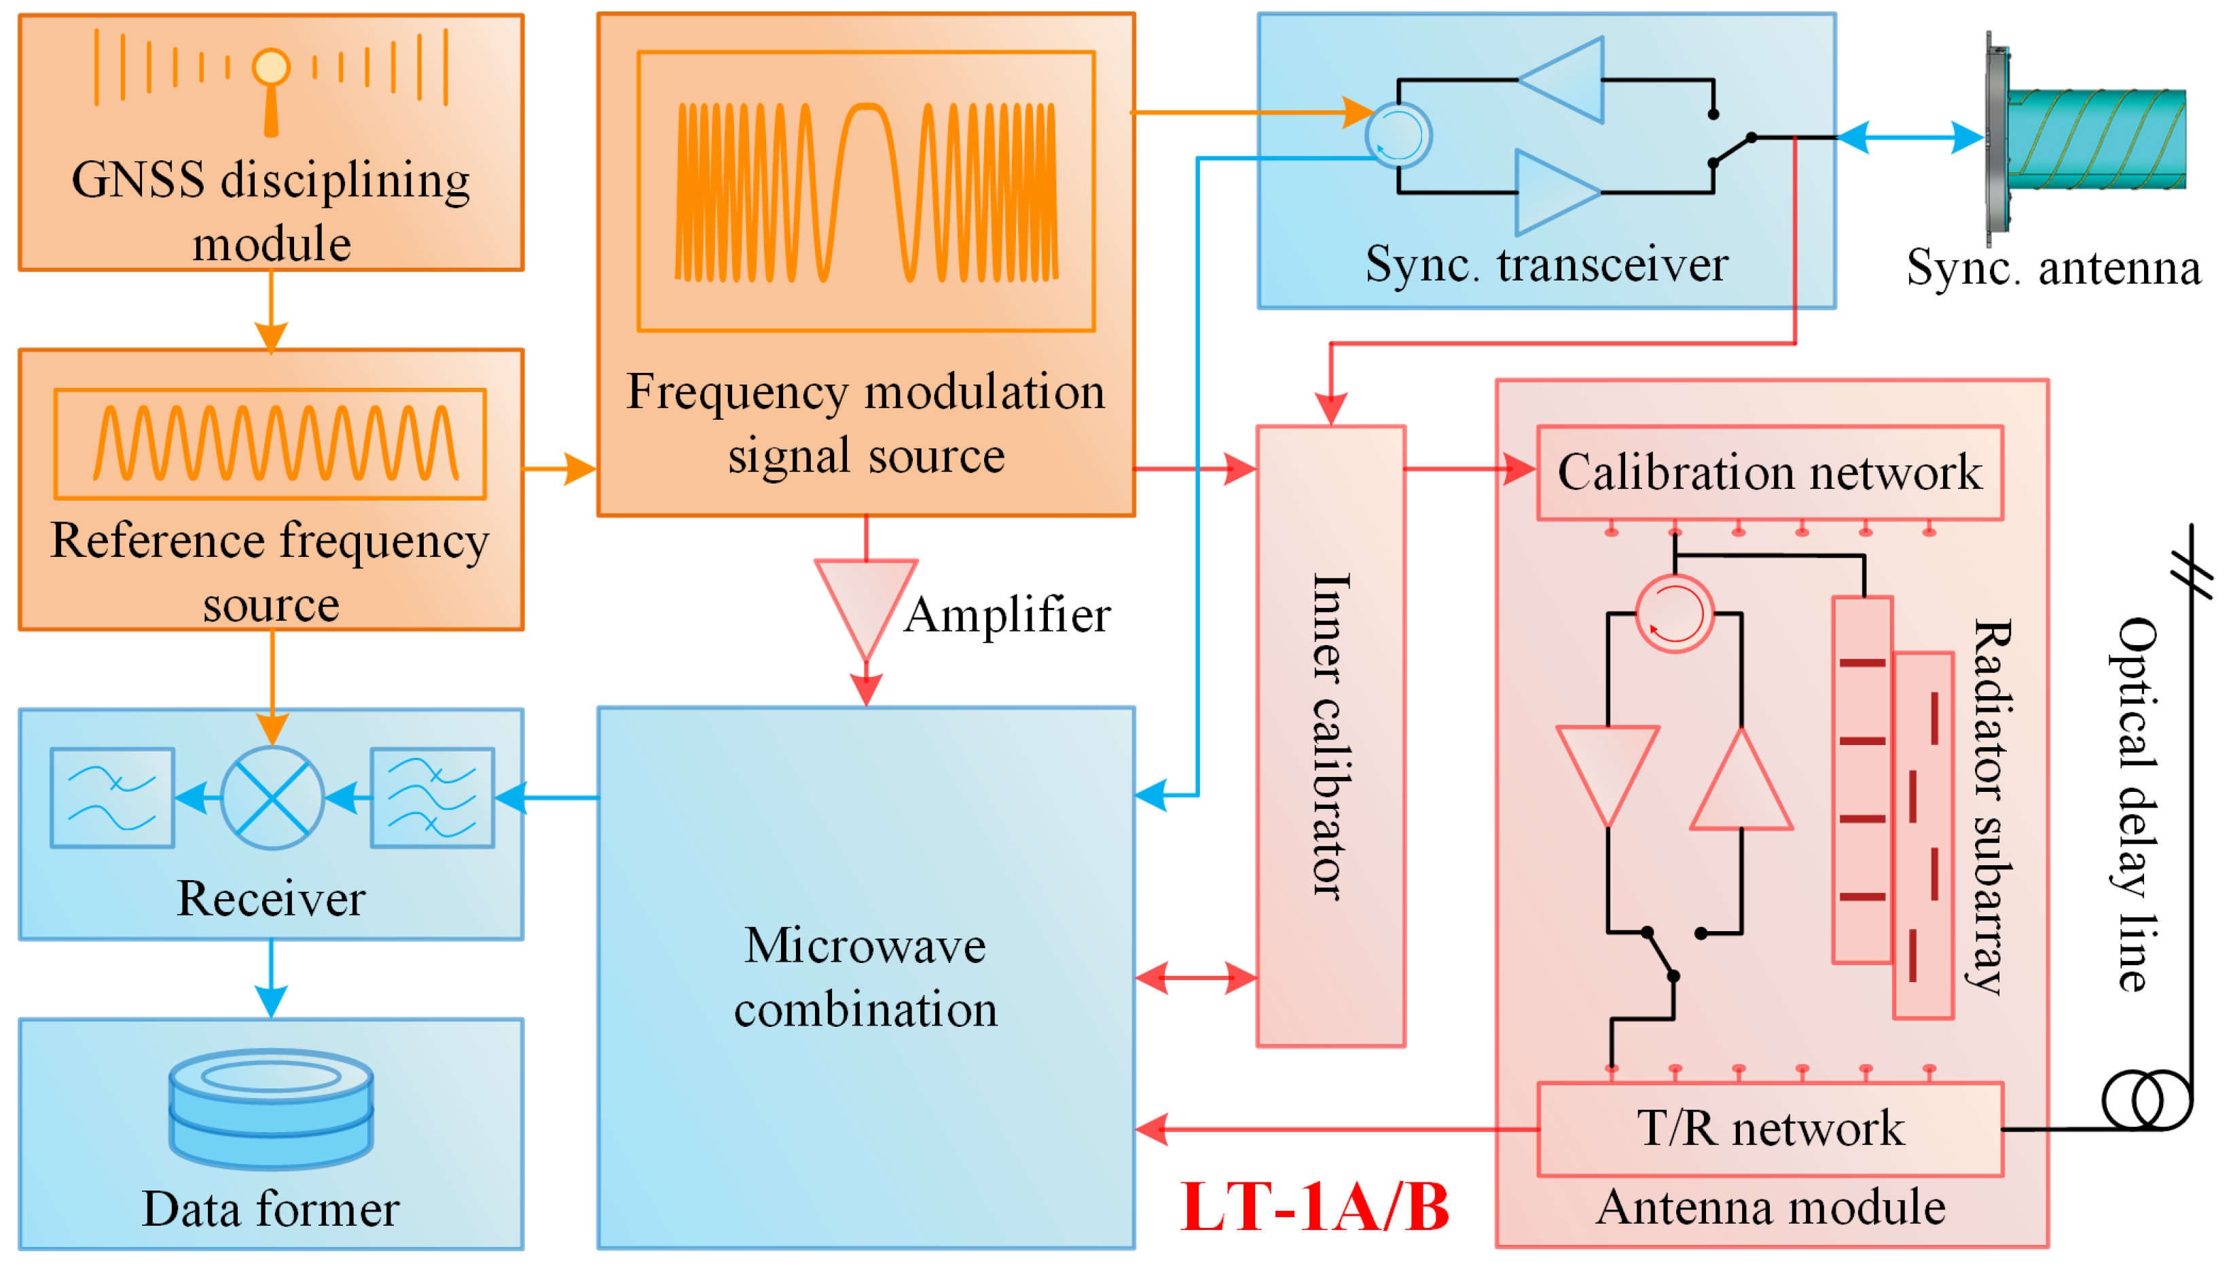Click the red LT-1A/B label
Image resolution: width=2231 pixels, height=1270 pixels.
click(x=1313, y=1208)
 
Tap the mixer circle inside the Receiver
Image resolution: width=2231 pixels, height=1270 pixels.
click(x=272, y=797)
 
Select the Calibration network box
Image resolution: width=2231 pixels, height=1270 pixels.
click(x=1770, y=473)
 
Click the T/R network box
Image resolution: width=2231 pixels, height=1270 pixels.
click(x=1770, y=1129)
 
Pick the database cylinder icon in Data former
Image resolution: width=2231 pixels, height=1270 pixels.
click(x=271, y=1108)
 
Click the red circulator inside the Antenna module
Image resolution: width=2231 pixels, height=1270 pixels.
click(x=1673, y=613)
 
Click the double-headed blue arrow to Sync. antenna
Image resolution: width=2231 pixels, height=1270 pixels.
click(x=1910, y=138)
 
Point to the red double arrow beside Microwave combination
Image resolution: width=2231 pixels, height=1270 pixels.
click(x=1197, y=978)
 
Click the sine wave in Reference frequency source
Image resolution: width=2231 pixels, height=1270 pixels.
click(x=275, y=443)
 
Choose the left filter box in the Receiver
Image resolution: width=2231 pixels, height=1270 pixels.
click(x=111, y=797)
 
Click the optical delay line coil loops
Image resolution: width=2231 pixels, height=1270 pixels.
click(x=2145, y=1101)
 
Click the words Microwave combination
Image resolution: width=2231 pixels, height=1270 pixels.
click(x=865, y=977)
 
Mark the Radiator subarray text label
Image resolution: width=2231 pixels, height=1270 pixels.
click(x=1991, y=807)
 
